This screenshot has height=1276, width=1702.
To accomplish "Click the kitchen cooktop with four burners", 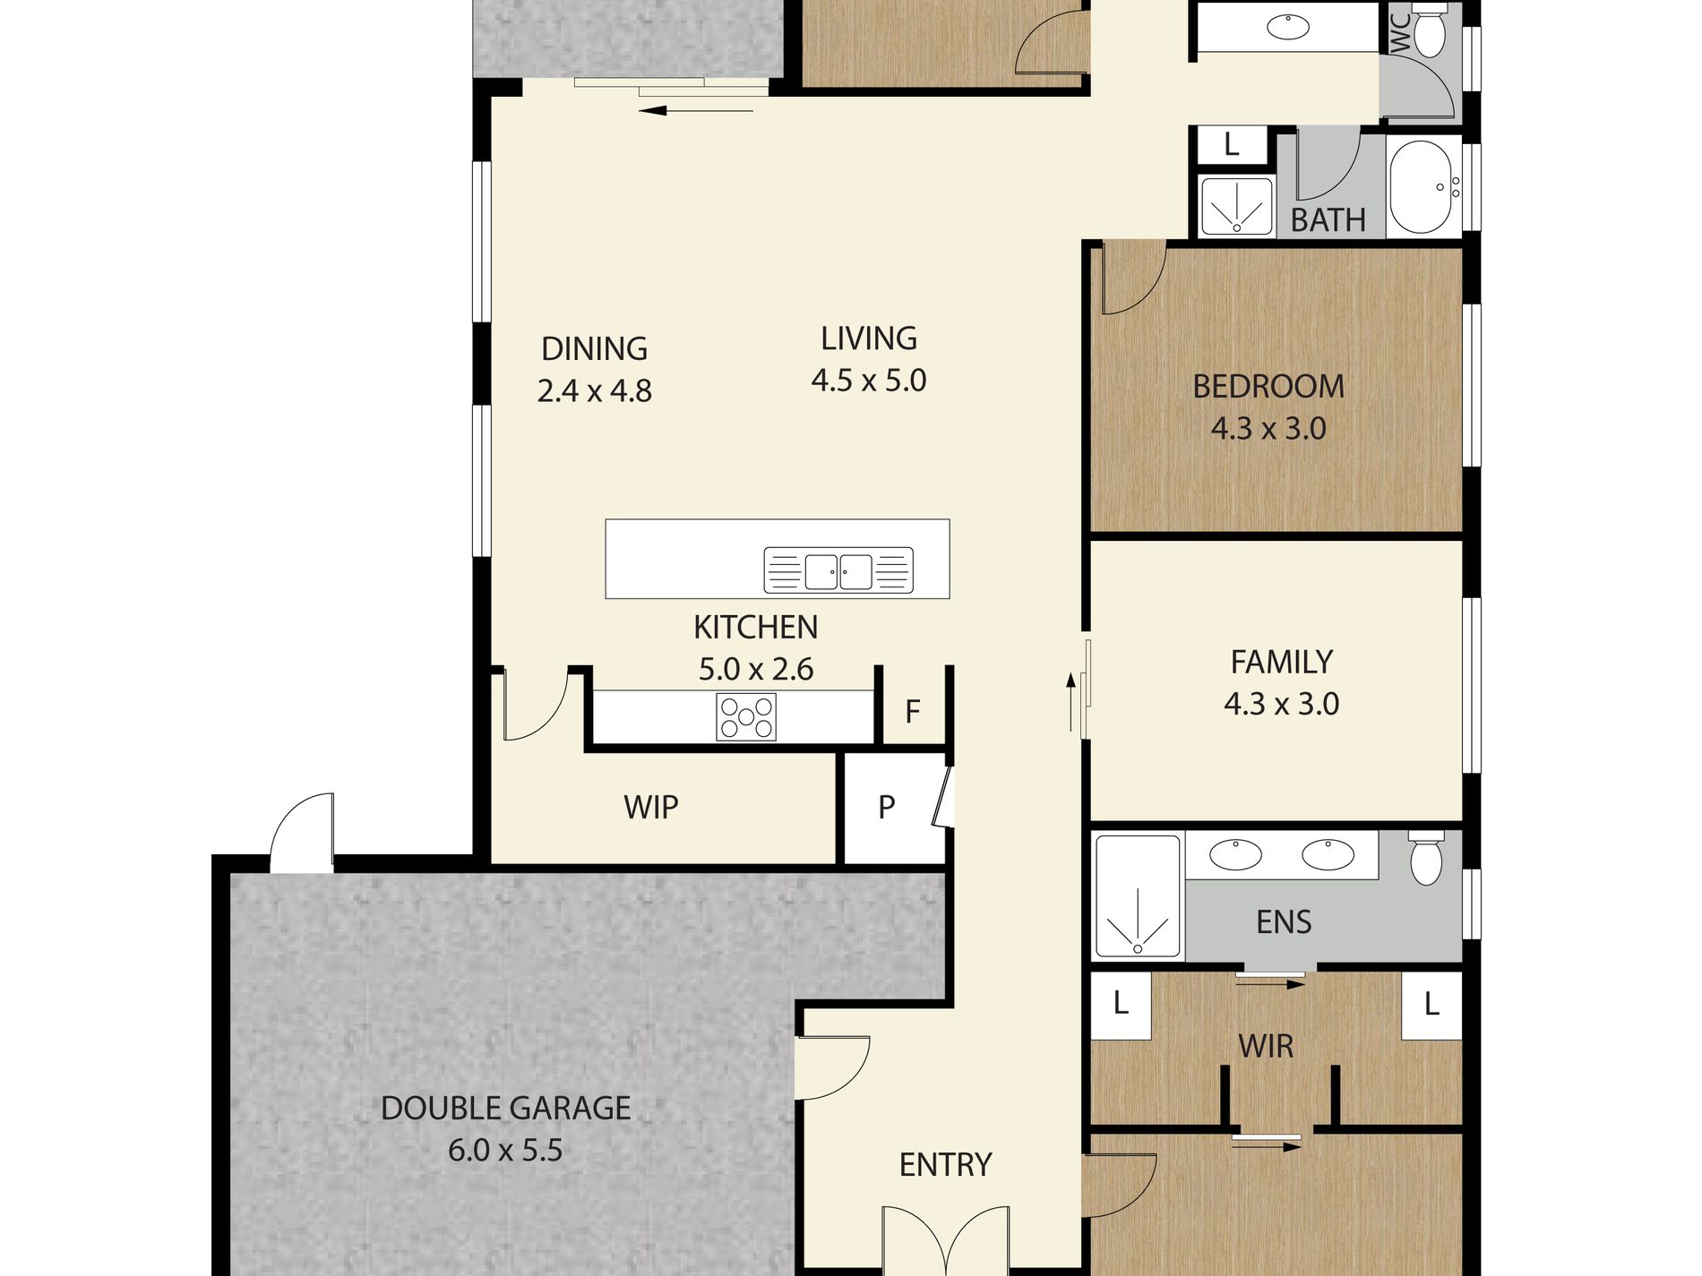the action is (746, 717).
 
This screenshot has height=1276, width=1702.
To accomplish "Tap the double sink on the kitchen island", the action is (838, 570).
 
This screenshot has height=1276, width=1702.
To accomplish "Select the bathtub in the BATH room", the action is (1422, 186).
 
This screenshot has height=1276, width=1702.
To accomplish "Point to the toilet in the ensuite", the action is (1425, 859).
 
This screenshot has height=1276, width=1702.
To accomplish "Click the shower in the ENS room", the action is (1138, 897).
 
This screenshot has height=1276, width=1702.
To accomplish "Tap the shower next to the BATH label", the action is (1237, 207).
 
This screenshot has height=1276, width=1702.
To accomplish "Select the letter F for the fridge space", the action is (913, 712).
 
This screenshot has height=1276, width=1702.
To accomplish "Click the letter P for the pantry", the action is (887, 808).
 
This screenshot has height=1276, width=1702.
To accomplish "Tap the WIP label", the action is (651, 808).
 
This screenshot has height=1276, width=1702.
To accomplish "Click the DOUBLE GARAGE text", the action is (506, 1109).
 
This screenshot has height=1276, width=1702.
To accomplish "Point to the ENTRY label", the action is (946, 1165).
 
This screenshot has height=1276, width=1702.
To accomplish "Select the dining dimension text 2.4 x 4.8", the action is (595, 391).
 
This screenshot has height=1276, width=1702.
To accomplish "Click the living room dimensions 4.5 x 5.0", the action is (869, 381).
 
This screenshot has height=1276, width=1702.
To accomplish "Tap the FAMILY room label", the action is (1282, 663).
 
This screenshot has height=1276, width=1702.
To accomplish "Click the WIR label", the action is (1266, 1046).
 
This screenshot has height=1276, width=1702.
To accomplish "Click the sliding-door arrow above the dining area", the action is (697, 111).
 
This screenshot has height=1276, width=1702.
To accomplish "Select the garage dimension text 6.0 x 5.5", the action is (506, 1151).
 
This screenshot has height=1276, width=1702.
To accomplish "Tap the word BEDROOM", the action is (1268, 387).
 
